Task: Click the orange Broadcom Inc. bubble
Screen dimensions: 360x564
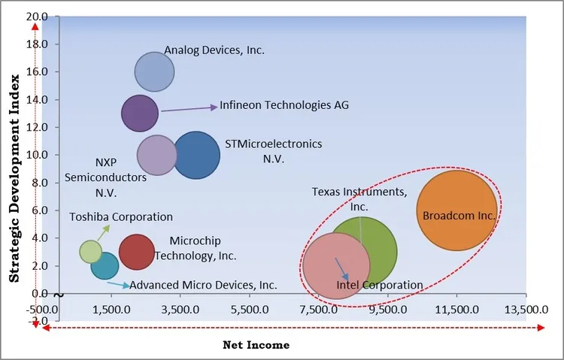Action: pyautogui.click(x=456, y=210)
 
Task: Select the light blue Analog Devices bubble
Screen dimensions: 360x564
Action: pyautogui.click(x=154, y=72)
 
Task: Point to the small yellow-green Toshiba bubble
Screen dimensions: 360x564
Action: pyautogui.click(x=90, y=251)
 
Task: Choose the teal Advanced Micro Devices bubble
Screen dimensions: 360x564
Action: pyautogui.click(x=105, y=265)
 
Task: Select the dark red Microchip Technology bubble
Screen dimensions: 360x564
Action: pyautogui.click(x=137, y=252)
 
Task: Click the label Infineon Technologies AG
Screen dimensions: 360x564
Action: pyautogui.click(x=284, y=105)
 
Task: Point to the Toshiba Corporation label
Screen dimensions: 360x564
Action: pyautogui.click(x=121, y=217)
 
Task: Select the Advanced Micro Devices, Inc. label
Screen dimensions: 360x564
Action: pyautogui.click(x=203, y=285)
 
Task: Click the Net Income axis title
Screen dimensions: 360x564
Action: pyautogui.click(x=256, y=345)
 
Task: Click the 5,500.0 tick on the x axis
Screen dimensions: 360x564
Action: pyautogui.click(x=250, y=308)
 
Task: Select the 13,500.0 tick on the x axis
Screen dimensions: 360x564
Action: pyautogui.click(x=526, y=308)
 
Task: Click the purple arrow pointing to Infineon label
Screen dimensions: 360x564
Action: pyautogui.click(x=188, y=108)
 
